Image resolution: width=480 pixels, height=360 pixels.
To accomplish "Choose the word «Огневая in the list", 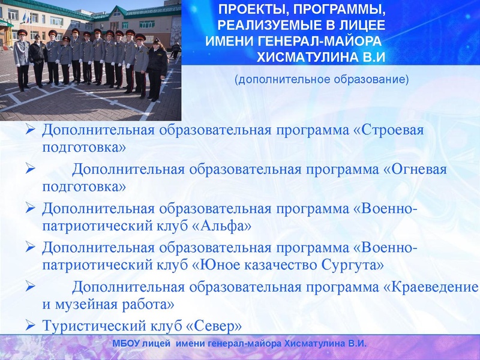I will [415, 170].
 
